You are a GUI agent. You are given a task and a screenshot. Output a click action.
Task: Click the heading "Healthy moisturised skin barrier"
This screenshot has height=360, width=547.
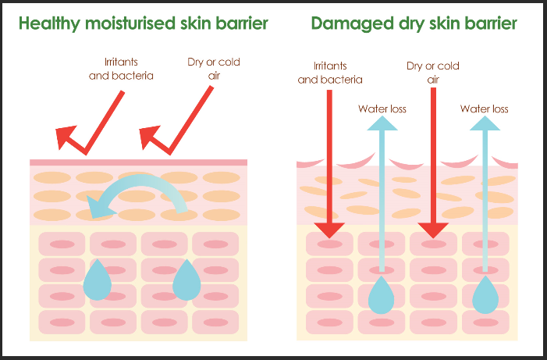click(144, 23)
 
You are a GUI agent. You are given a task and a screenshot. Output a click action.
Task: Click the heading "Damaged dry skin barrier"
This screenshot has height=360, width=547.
click(414, 23)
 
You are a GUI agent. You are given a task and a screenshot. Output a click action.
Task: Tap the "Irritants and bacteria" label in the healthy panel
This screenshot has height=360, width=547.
click(121, 69)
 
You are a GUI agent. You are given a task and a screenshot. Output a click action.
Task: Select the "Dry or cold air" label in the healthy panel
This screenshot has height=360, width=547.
click(214, 69)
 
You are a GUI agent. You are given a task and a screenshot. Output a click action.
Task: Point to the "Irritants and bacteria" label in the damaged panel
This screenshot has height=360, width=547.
click(330, 73)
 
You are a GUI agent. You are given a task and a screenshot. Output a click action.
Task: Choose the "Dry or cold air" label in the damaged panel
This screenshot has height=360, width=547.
click(433, 73)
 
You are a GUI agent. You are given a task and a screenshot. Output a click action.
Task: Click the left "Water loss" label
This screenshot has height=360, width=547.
click(382, 109)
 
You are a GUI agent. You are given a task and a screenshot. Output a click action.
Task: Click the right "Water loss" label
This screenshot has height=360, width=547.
click(485, 109)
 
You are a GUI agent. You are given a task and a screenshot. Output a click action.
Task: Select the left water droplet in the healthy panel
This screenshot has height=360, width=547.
click(98, 280)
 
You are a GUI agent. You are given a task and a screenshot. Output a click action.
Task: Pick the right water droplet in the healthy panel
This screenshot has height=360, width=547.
click(186, 280)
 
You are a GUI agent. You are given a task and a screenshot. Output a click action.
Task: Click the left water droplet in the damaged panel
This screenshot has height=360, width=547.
click(382, 295)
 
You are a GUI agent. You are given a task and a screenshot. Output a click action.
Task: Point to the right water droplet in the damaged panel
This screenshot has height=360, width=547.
click(485, 295)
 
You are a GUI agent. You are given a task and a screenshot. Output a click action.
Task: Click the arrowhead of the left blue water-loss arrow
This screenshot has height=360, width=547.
click(382, 123)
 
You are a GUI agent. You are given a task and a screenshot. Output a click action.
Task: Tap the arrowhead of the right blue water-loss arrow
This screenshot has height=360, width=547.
click(485, 123)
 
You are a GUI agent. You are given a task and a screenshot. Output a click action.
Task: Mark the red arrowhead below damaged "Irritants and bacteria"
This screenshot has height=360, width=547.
click(329, 230)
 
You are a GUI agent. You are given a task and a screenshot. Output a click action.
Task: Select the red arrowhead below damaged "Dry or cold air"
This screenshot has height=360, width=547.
click(433, 230)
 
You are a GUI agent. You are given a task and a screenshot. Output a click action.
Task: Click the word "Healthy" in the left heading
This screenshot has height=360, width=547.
click(49, 23)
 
